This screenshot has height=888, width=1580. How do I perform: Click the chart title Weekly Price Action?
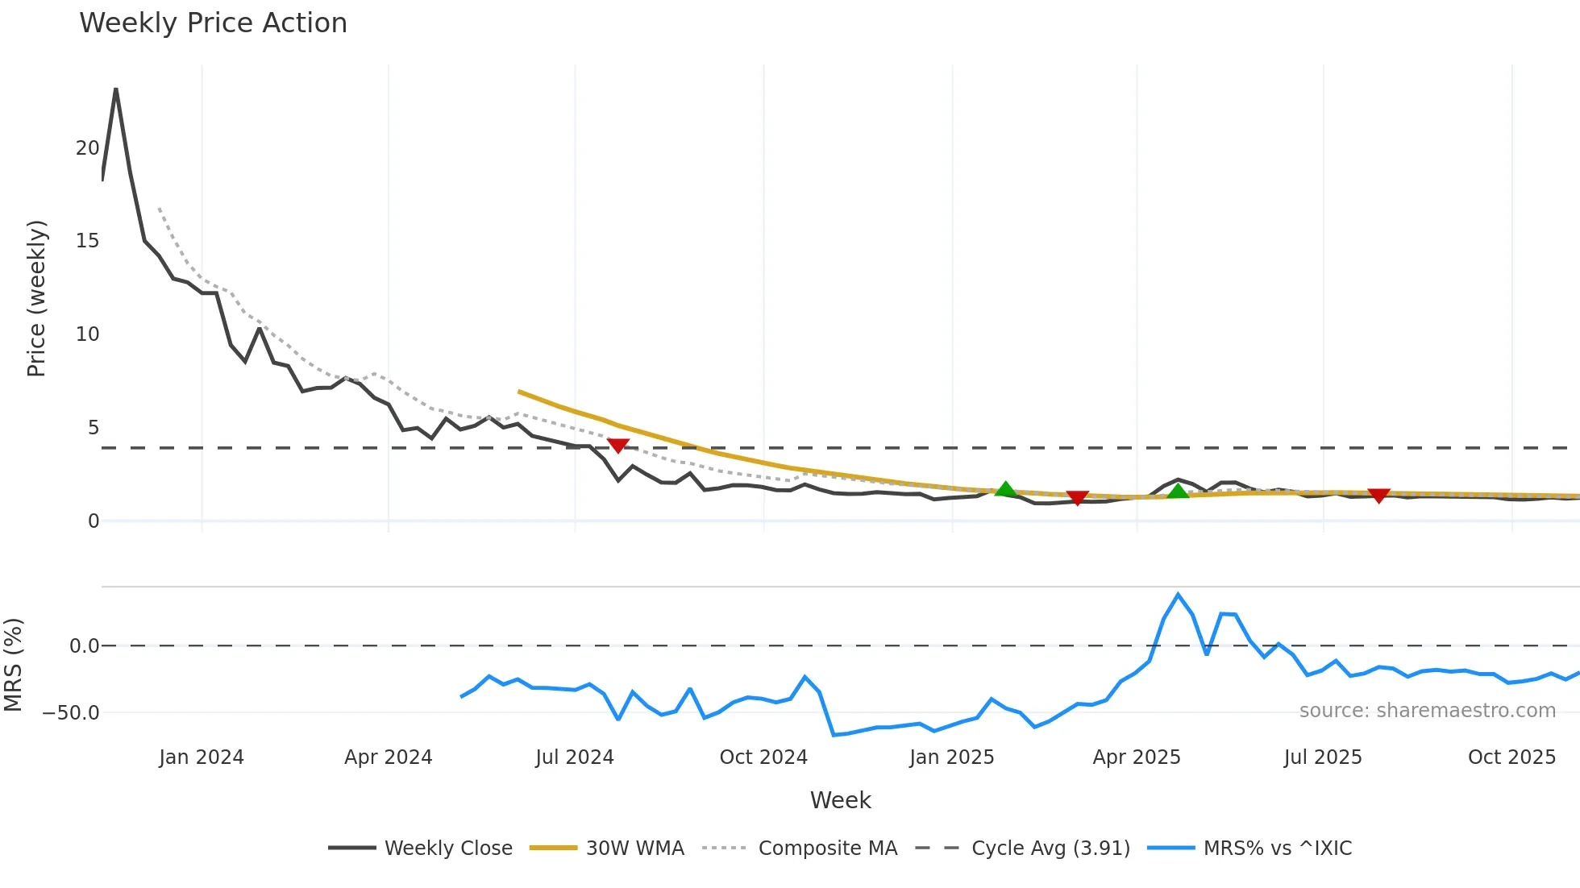coord(213,23)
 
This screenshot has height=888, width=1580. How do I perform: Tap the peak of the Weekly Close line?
coord(116,89)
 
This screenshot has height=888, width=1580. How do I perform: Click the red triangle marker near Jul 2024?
coord(618,446)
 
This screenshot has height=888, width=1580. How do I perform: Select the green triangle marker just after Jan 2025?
coord(1005,489)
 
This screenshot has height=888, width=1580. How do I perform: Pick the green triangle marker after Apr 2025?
coord(1178,491)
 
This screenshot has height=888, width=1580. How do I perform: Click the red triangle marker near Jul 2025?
coord(1378,496)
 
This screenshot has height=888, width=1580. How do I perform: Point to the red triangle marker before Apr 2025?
coord(1077,498)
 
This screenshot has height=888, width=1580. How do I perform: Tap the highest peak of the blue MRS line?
coord(1178,595)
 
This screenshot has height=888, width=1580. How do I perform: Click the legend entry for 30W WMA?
coord(634,848)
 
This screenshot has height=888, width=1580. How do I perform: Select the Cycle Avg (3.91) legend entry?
coord(1050,848)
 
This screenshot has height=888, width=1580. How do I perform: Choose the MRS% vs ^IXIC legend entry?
coord(1277,848)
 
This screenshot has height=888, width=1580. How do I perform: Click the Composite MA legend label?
coord(827,848)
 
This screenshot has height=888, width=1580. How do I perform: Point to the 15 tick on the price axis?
coord(87,241)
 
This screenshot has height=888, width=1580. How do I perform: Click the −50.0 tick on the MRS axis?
coord(71,712)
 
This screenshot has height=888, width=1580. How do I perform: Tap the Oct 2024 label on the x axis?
coord(763,757)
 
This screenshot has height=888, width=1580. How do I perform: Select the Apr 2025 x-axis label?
coord(1136,757)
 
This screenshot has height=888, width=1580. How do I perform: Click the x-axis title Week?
coord(840,800)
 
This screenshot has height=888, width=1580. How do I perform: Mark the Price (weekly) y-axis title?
coord(36,298)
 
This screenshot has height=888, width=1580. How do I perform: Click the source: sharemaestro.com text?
coord(1427,710)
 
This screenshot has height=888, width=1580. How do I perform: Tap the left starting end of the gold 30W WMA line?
coord(520,392)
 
